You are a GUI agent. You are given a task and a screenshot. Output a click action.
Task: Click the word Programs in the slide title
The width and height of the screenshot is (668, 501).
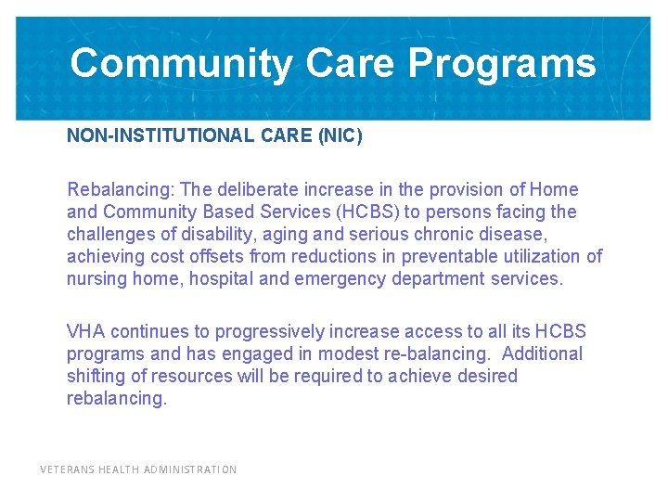(501, 64)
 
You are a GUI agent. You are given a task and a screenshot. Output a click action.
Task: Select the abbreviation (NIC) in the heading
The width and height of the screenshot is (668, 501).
(340, 136)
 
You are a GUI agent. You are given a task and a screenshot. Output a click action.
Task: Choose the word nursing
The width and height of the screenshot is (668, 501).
(96, 279)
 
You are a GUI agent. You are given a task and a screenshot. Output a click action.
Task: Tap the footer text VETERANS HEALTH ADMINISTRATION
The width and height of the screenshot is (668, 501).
(138, 470)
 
